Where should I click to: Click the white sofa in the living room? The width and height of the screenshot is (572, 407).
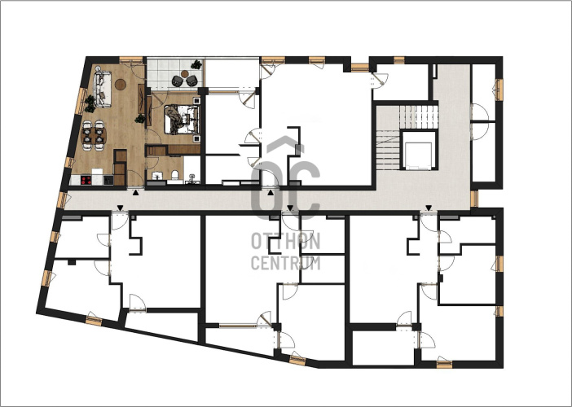[102, 90]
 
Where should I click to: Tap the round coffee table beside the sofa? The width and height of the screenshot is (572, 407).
[121, 85]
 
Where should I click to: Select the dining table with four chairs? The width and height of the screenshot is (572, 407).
[94, 136]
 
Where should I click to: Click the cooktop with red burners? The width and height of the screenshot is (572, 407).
[86, 180]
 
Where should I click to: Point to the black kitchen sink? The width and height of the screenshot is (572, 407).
[108, 180]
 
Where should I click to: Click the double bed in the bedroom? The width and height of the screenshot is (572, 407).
[182, 119]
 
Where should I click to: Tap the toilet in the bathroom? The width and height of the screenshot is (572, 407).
[174, 176]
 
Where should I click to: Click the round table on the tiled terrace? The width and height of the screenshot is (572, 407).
[185, 73]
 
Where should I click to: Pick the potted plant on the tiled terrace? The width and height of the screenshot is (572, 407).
[196, 65]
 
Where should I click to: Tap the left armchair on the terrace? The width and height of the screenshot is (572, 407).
[178, 81]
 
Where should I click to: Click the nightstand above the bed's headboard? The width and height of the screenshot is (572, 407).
[196, 101]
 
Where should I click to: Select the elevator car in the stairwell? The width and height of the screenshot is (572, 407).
[419, 155]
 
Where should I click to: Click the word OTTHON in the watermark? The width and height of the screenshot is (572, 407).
[286, 241]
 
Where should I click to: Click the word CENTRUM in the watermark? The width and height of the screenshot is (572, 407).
[286, 263]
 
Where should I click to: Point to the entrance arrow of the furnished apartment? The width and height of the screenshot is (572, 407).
[136, 192]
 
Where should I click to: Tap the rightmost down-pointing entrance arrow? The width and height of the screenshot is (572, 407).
[429, 208]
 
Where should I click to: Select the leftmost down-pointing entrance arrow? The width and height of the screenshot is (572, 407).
[120, 208]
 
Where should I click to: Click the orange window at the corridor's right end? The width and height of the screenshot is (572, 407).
[474, 199]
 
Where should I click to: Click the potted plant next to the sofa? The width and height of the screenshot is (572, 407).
[90, 104]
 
